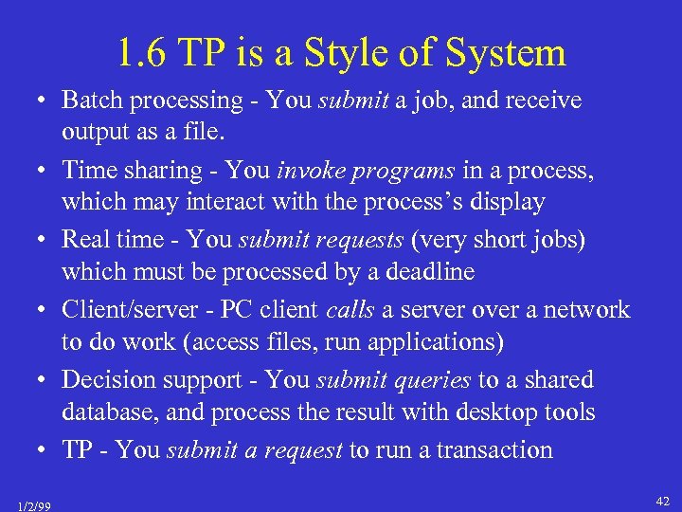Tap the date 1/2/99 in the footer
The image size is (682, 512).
[33, 504]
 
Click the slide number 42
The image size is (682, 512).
[662, 500]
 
